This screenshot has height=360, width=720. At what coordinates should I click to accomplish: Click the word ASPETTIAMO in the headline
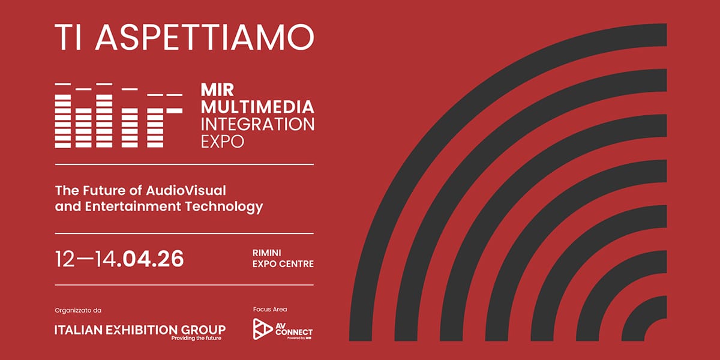point(205,37)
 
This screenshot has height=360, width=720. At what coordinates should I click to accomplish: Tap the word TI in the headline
point(68,37)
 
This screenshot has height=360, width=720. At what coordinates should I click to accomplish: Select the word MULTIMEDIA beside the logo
point(257,107)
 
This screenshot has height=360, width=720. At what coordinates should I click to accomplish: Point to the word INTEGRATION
point(257,124)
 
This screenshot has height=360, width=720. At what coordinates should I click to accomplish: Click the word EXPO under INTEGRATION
point(223,142)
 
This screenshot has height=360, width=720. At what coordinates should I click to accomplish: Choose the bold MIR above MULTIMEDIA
point(218,89)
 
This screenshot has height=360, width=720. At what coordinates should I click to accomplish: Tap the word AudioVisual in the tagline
point(186,190)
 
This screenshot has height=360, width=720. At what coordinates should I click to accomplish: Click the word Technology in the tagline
point(224,206)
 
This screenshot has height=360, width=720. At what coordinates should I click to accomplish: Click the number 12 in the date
point(65,259)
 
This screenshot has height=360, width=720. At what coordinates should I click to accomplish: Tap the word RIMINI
point(267,253)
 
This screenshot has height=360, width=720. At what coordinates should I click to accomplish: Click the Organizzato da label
point(78,311)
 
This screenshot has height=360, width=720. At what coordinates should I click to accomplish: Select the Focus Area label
point(270,309)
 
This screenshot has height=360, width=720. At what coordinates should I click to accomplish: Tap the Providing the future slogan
point(196,338)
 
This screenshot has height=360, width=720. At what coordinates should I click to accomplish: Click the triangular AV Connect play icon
point(262,329)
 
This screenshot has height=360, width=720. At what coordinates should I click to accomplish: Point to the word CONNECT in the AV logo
point(294,332)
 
